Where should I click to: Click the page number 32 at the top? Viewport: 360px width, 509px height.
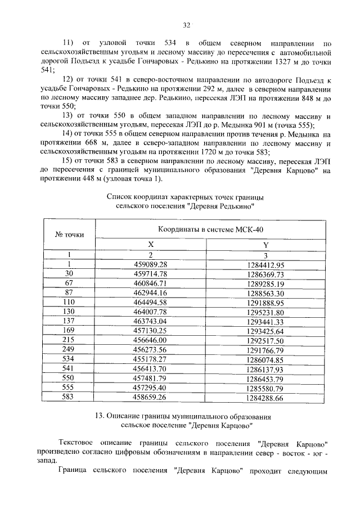point(187,25)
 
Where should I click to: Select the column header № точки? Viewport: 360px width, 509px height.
point(70,234)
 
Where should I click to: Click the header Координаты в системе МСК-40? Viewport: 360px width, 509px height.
point(209,229)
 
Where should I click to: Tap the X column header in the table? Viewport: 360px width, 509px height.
point(150,245)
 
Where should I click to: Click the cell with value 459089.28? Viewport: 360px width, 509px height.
point(150,264)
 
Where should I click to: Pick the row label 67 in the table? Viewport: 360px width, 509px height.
point(70,283)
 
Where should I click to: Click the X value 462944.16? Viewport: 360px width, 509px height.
point(150,293)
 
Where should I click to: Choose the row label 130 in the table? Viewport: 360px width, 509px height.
point(70,312)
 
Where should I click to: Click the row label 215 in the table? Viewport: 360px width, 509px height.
point(70,341)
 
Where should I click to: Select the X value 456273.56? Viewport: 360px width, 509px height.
point(150,350)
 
